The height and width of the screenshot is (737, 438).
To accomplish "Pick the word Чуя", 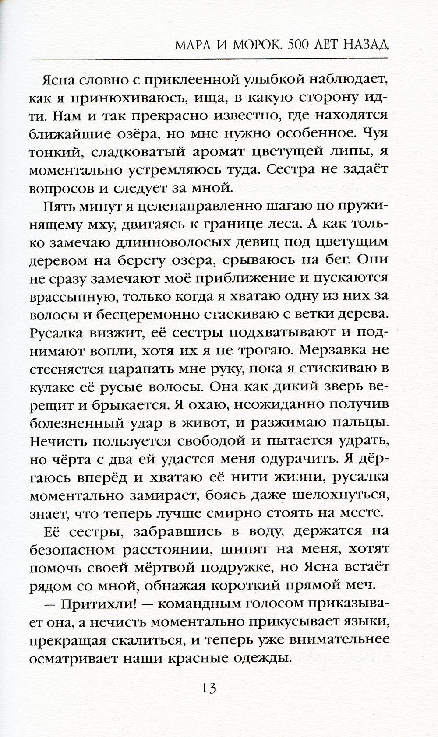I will click(372, 134).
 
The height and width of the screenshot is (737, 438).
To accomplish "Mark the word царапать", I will click(137, 369).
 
